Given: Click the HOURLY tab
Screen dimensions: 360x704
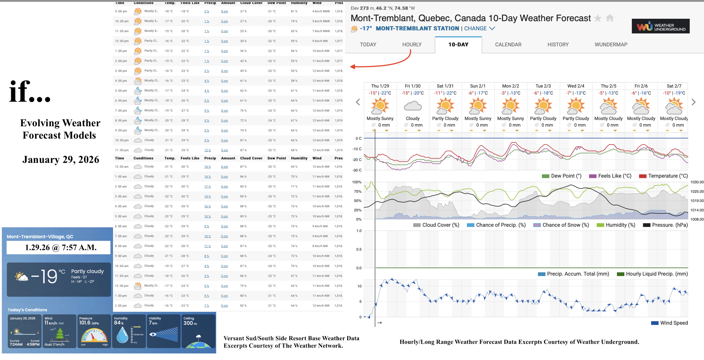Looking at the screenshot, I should (x=411, y=44).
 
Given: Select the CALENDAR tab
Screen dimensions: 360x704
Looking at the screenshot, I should (x=508, y=44).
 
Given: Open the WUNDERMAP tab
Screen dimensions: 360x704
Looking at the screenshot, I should (x=611, y=44).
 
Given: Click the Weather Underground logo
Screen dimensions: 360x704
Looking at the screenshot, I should (x=660, y=26).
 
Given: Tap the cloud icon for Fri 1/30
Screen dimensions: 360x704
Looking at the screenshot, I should (x=412, y=106).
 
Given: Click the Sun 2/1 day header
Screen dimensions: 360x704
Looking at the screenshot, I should (x=478, y=86).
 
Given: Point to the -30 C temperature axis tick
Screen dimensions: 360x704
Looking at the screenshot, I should (x=357, y=170).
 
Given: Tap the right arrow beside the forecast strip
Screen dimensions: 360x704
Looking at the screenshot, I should (x=693, y=102).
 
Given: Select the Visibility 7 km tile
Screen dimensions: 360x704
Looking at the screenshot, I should (x=163, y=331).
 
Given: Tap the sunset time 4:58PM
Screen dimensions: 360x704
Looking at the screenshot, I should (x=33, y=344).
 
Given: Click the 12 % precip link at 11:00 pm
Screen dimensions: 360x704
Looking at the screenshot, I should (x=207, y=150).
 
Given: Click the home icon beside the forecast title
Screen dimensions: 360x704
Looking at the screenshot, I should (x=610, y=18).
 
